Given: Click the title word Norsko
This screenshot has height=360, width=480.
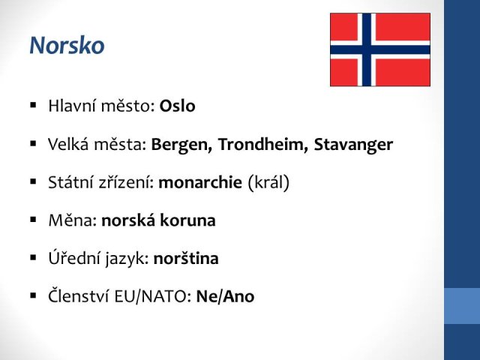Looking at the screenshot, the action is tap(67, 45).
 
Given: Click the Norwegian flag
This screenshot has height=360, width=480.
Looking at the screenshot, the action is tap(380, 49).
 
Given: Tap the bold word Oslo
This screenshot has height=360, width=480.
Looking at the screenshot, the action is tap(177, 106).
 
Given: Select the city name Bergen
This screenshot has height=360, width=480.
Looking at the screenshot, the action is tap(181, 145).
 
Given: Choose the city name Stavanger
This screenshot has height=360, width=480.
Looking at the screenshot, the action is tap(353, 145).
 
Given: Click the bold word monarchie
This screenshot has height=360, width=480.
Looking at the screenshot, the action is tap(200, 182).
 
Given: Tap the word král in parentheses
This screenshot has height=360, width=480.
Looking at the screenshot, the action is tap(268, 182).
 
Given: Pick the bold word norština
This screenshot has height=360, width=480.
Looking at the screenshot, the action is tap(186, 258).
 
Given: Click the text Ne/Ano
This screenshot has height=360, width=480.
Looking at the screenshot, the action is tap(225, 296).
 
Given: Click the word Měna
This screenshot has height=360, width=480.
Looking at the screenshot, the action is tap(73, 220).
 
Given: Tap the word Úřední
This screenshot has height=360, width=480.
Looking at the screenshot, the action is tap(74, 258).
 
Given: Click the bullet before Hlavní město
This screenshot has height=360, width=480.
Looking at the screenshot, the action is tap(33, 106).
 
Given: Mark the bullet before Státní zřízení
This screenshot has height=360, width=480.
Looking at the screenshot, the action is tap(33, 181).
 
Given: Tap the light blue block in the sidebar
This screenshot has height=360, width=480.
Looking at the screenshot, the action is tap(462, 306).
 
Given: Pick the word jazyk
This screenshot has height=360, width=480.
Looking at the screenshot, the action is tap(127, 259).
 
